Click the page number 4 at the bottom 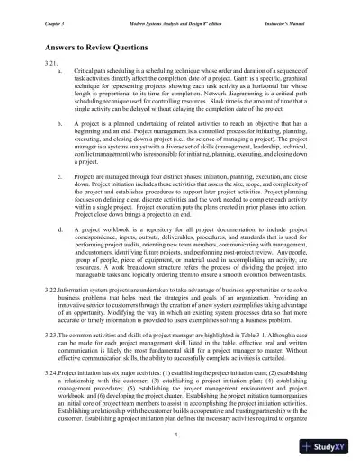[179, 435]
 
